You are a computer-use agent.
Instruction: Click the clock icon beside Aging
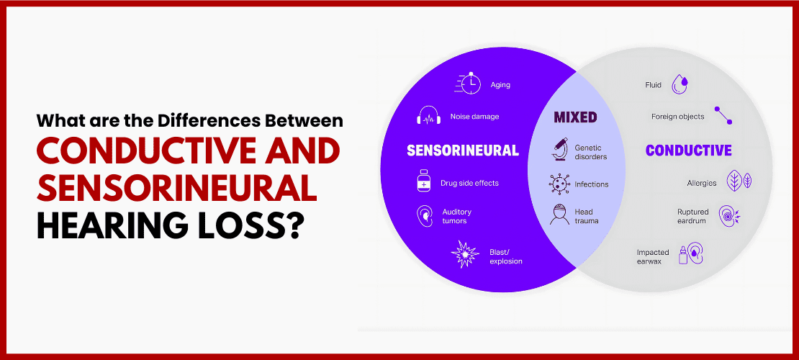click(468, 83)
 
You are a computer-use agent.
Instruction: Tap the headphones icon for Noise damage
click(428, 116)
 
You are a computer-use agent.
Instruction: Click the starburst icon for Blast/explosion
click(465, 254)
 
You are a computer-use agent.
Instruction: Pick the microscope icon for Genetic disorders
click(559, 150)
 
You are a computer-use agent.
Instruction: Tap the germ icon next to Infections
click(559, 184)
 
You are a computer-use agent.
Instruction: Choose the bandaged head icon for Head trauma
click(559, 215)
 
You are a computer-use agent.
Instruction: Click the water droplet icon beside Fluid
click(680, 85)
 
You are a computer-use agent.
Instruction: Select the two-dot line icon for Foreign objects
click(723, 116)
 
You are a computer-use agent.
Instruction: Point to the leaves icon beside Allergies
click(739, 181)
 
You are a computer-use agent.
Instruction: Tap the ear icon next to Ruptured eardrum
click(728, 216)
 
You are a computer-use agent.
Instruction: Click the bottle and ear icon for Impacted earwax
click(690, 254)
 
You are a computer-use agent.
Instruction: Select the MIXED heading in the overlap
click(575, 117)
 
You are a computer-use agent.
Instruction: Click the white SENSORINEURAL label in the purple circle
click(463, 150)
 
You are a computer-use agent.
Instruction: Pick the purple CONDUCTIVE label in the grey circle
click(688, 150)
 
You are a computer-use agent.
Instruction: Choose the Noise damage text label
click(474, 116)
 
